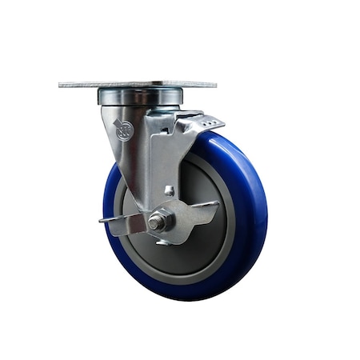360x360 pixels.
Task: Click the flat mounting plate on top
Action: click(x=138, y=84)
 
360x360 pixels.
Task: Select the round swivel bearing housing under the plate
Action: click(x=129, y=97)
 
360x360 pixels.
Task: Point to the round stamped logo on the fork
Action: click(x=123, y=130)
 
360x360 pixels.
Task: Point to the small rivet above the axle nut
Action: click(x=169, y=190)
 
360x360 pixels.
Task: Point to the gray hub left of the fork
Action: click(x=122, y=200)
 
